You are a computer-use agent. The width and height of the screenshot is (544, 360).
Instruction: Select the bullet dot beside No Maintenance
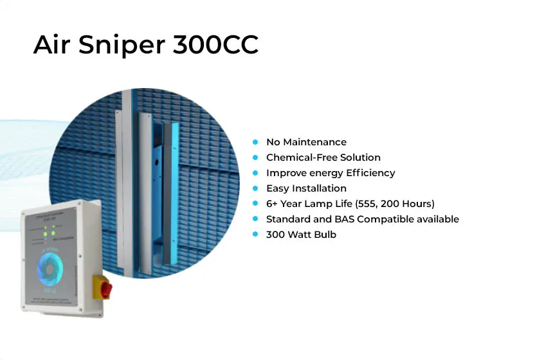click(255, 142)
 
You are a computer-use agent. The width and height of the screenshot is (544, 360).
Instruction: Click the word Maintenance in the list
click(315, 142)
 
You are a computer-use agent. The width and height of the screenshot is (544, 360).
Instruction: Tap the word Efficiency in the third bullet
click(372, 173)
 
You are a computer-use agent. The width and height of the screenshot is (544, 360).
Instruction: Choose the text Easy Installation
click(306, 188)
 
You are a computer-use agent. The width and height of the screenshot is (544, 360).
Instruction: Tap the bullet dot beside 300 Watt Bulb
click(255, 235)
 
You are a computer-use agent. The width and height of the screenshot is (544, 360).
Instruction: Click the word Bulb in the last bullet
click(325, 235)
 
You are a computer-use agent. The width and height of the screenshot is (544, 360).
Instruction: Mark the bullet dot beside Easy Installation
click(255, 188)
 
